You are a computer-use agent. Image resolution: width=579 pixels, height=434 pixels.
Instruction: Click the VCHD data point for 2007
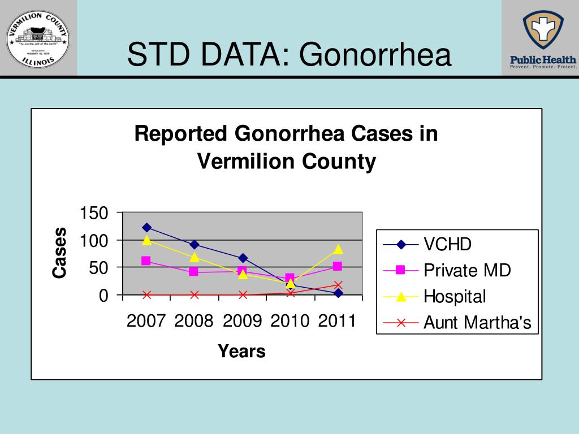tap(146, 227)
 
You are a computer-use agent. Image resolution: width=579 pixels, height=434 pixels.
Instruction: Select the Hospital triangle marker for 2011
tap(338, 249)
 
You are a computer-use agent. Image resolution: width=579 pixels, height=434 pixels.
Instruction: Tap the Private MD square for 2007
tap(146, 261)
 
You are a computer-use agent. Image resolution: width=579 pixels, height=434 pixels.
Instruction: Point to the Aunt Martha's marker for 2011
tap(338, 285)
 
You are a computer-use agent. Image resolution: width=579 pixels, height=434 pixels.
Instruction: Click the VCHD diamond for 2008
tap(194, 244)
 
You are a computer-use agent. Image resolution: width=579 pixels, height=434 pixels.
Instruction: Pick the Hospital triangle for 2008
tap(194, 257)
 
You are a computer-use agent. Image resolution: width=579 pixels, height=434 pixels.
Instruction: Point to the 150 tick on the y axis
tap(94, 214)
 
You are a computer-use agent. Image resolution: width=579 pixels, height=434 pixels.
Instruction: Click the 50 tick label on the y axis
tap(98, 268)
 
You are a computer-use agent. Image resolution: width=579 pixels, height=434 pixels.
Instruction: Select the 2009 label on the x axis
tap(242, 322)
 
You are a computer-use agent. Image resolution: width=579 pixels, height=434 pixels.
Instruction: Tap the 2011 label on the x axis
tap(337, 322)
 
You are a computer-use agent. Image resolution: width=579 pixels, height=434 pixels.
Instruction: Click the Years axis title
tap(241, 351)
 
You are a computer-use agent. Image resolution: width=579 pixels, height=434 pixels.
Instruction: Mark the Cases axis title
tap(60, 253)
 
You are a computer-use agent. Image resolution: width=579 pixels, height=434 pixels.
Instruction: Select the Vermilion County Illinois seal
tap(38, 38)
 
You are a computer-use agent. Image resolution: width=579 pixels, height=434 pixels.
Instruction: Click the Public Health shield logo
tap(543, 31)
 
